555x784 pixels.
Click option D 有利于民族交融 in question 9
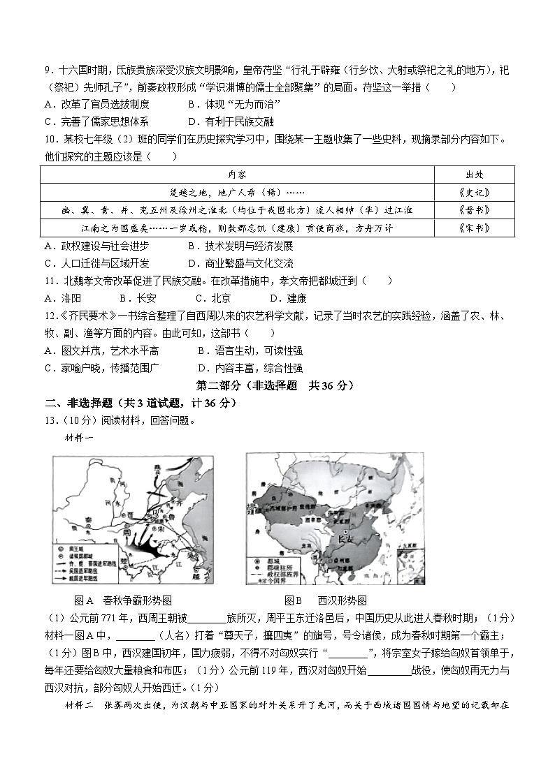[233, 120]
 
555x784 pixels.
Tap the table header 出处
[474, 174]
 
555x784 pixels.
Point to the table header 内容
[237, 174]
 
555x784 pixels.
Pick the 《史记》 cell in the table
[474, 192]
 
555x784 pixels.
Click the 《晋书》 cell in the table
[474, 210]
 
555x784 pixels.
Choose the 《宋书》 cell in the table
[474, 228]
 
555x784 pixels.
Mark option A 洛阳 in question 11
[62, 298]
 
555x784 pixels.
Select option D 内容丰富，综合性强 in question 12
[250, 368]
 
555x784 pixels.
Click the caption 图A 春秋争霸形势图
[122, 600]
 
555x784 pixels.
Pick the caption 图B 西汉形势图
[325, 600]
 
